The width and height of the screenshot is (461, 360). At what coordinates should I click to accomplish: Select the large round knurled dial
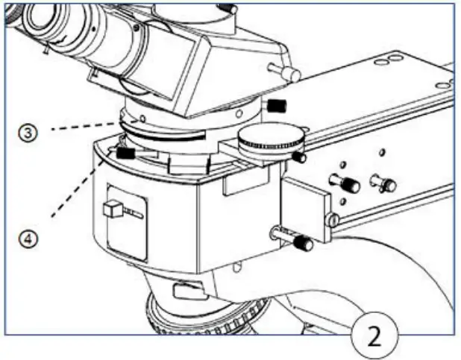coord(271,139)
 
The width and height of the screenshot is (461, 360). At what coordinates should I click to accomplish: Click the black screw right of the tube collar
coord(277,105)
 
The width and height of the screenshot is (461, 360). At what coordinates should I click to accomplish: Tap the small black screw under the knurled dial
coord(299,157)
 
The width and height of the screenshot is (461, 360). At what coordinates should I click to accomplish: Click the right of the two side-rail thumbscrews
coord(386,183)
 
